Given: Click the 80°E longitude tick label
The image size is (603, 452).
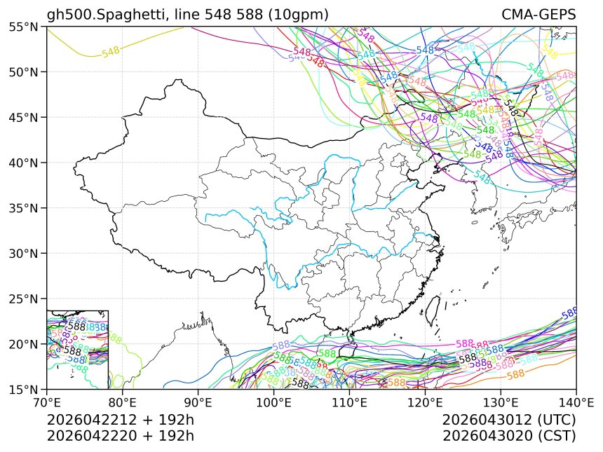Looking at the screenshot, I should [x=122, y=404].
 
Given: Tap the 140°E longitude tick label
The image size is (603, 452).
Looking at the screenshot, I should [x=576, y=404].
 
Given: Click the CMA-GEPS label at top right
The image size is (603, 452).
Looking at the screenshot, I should [x=538, y=15].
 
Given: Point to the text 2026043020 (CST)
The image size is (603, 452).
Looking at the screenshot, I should [x=509, y=435].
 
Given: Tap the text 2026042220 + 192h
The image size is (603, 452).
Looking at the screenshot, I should [x=120, y=435].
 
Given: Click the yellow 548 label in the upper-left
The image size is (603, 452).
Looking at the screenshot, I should [x=111, y=53].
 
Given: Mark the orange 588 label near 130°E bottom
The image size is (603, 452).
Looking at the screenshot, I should [x=515, y=375].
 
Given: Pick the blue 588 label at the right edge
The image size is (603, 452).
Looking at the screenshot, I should [x=569, y=313].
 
